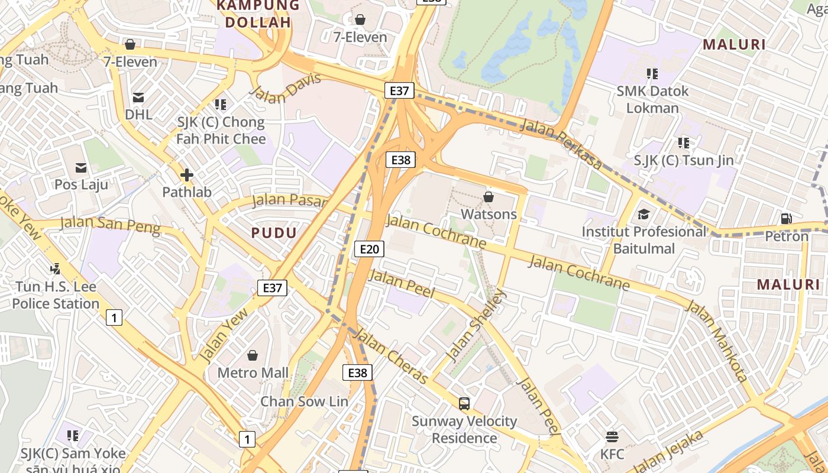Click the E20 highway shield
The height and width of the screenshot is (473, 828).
coord(369,249)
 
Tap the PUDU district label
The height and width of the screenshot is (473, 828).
coord(274,232)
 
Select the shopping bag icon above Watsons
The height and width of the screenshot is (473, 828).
coord(489,197)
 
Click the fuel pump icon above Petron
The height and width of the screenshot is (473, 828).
coord(787,219)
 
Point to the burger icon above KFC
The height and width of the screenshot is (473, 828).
coord(612,437)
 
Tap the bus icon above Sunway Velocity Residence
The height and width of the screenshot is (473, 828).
coord(464,404)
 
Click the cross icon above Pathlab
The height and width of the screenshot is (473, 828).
coord(187,175)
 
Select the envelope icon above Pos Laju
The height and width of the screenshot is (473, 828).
coord(81,168)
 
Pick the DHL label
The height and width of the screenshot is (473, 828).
coord(138,114)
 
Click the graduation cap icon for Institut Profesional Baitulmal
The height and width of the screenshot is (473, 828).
coord(643,214)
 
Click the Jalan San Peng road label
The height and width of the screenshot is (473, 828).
coord(110,225)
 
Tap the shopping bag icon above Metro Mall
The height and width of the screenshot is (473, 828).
coord(253,355)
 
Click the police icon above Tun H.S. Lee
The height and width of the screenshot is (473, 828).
coord(56,269)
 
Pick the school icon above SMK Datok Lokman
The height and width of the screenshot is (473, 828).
coord(652,74)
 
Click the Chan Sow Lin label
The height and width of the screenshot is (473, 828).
coord(305,401)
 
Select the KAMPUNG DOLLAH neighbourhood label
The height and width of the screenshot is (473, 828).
coord(258,14)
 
